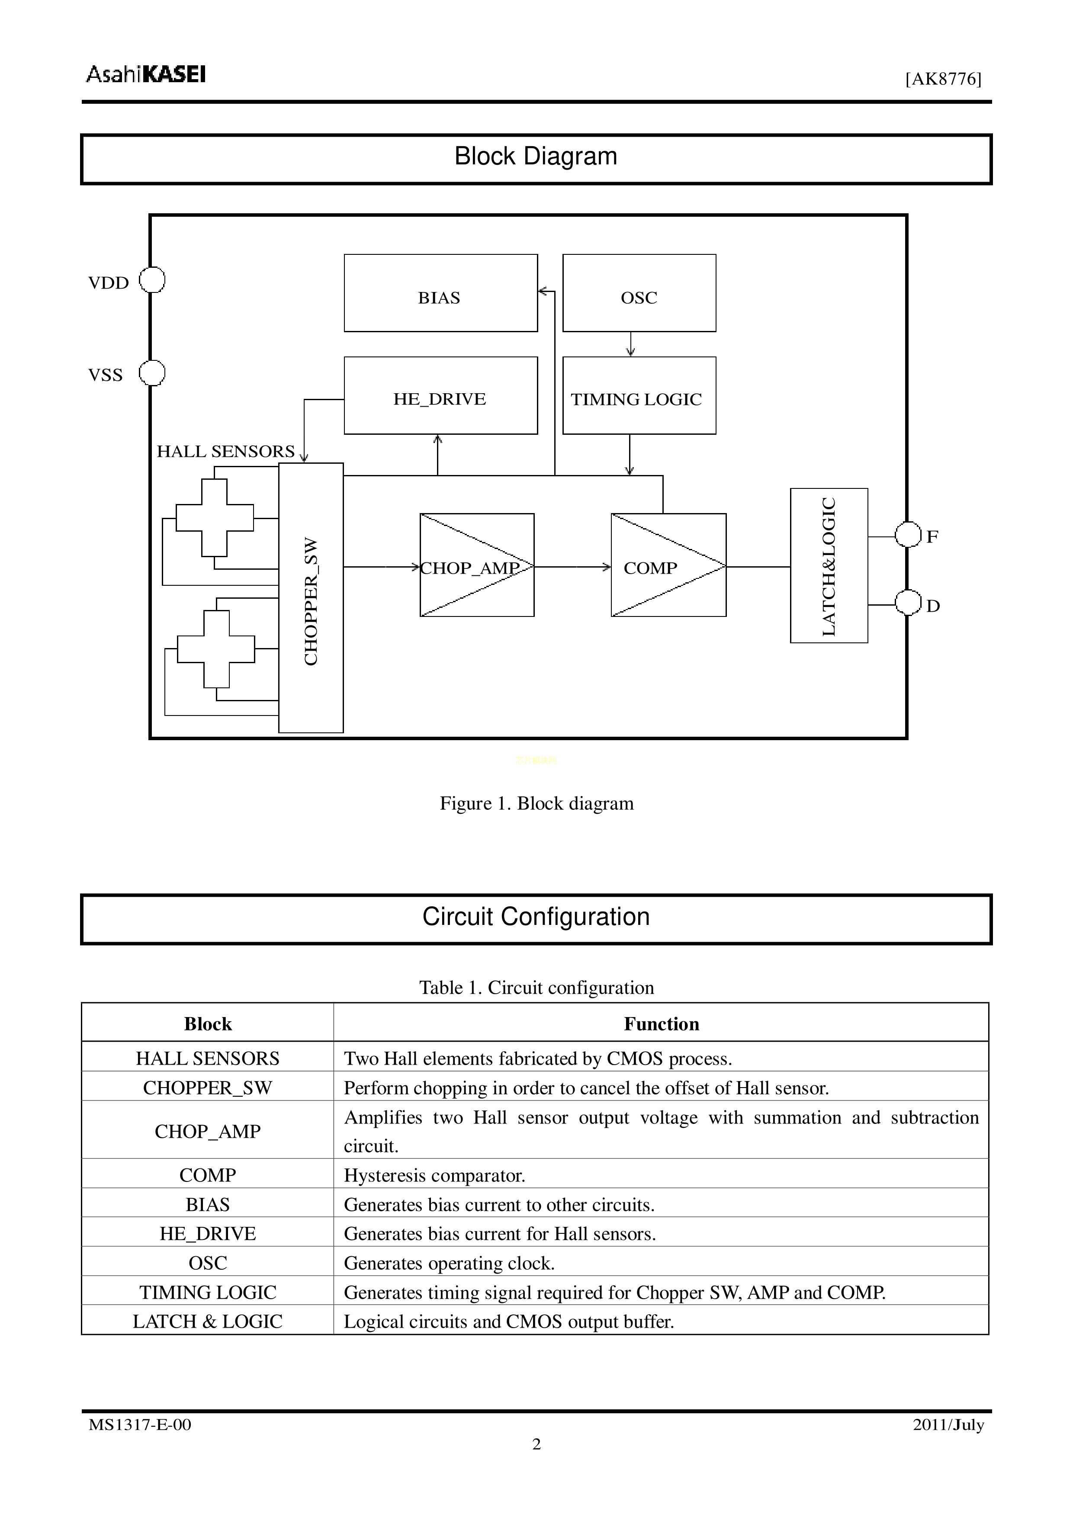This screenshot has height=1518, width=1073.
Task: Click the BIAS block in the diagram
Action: pyautogui.click(x=440, y=293)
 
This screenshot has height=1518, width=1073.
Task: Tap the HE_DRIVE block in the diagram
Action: pyautogui.click(x=440, y=395)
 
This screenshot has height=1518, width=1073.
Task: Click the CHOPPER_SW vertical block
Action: pyautogui.click(x=311, y=598)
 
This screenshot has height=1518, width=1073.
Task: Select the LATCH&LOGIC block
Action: pyautogui.click(x=829, y=565)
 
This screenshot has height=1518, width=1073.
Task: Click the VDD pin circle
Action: pyautogui.click(x=152, y=280)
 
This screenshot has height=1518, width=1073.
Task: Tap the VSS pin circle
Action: pyautogui.click(x=152, y=373)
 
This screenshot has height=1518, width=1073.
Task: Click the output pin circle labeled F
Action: pyautogui.click(x=908, y=534)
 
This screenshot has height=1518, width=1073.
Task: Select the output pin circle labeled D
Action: pyautogui.click(x=908, y=603)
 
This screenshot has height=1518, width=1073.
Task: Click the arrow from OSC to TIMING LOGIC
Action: pyautogui.click(x=631, y=344)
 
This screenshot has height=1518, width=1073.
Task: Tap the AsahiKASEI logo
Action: pyautogui.click(x=146, y=74)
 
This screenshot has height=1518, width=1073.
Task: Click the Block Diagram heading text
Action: pyautogui.click(x=536, y=157)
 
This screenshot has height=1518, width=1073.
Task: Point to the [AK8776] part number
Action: pyautogui.click(x=944, y=79)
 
